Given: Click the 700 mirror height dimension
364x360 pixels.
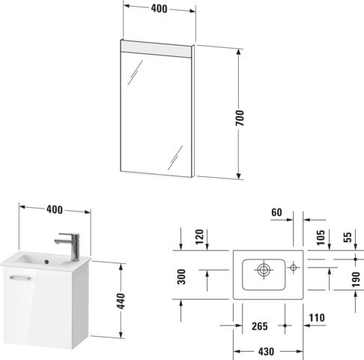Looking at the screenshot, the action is [x=240, y=118].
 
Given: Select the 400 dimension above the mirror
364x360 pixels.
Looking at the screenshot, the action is [x=159, y=9].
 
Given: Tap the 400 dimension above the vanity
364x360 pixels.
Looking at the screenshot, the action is [x=55, y=209].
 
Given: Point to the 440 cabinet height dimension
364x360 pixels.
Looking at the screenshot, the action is [x=121, y=301].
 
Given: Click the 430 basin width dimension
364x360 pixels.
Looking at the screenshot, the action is [x=266, y=352].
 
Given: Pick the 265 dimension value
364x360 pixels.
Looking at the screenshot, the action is [x=260, y=326].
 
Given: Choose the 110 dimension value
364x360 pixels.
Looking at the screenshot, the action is [x=317, y=318].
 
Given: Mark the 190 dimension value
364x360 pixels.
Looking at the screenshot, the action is [x=357, y=280].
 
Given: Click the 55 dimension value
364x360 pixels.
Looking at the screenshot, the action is [x=348, y=237].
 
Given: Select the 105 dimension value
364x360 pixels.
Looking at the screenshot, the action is [x=321, y=238].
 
